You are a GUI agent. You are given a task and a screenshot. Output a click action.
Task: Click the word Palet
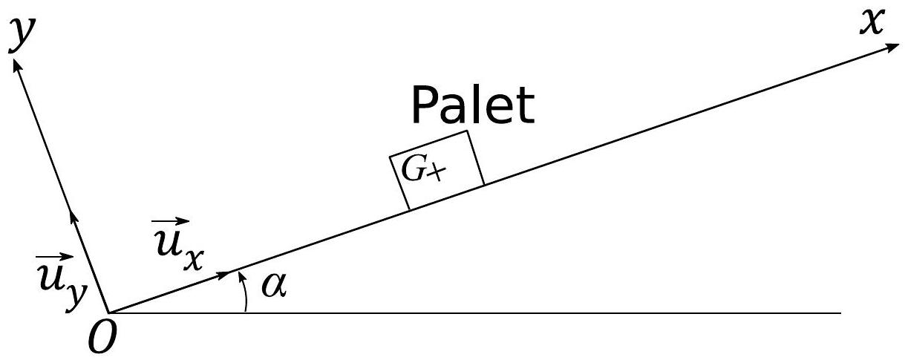pos(473,105)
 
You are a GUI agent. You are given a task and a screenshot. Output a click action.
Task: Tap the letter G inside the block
pos(413,170)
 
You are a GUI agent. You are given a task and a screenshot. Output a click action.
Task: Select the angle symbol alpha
pos(275,285)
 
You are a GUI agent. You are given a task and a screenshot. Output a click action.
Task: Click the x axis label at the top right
pos(872,23)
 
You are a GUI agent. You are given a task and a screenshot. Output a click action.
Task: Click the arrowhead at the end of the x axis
pos(891,47)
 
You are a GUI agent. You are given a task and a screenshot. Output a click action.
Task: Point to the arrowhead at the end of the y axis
pos(17,66)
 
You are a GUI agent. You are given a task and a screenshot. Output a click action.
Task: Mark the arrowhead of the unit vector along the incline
pos(224,275)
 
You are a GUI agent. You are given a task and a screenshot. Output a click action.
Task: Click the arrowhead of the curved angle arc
pos(241,277)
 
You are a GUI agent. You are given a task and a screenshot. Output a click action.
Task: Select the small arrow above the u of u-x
pos(170,221)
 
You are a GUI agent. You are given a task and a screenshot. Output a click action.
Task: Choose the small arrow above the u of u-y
pos(55,257)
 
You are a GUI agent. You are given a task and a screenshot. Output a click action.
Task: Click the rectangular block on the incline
pos(437,170)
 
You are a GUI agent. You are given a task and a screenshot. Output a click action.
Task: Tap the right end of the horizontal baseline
pos(841,313)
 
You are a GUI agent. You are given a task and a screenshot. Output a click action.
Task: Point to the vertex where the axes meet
pos(108,313)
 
